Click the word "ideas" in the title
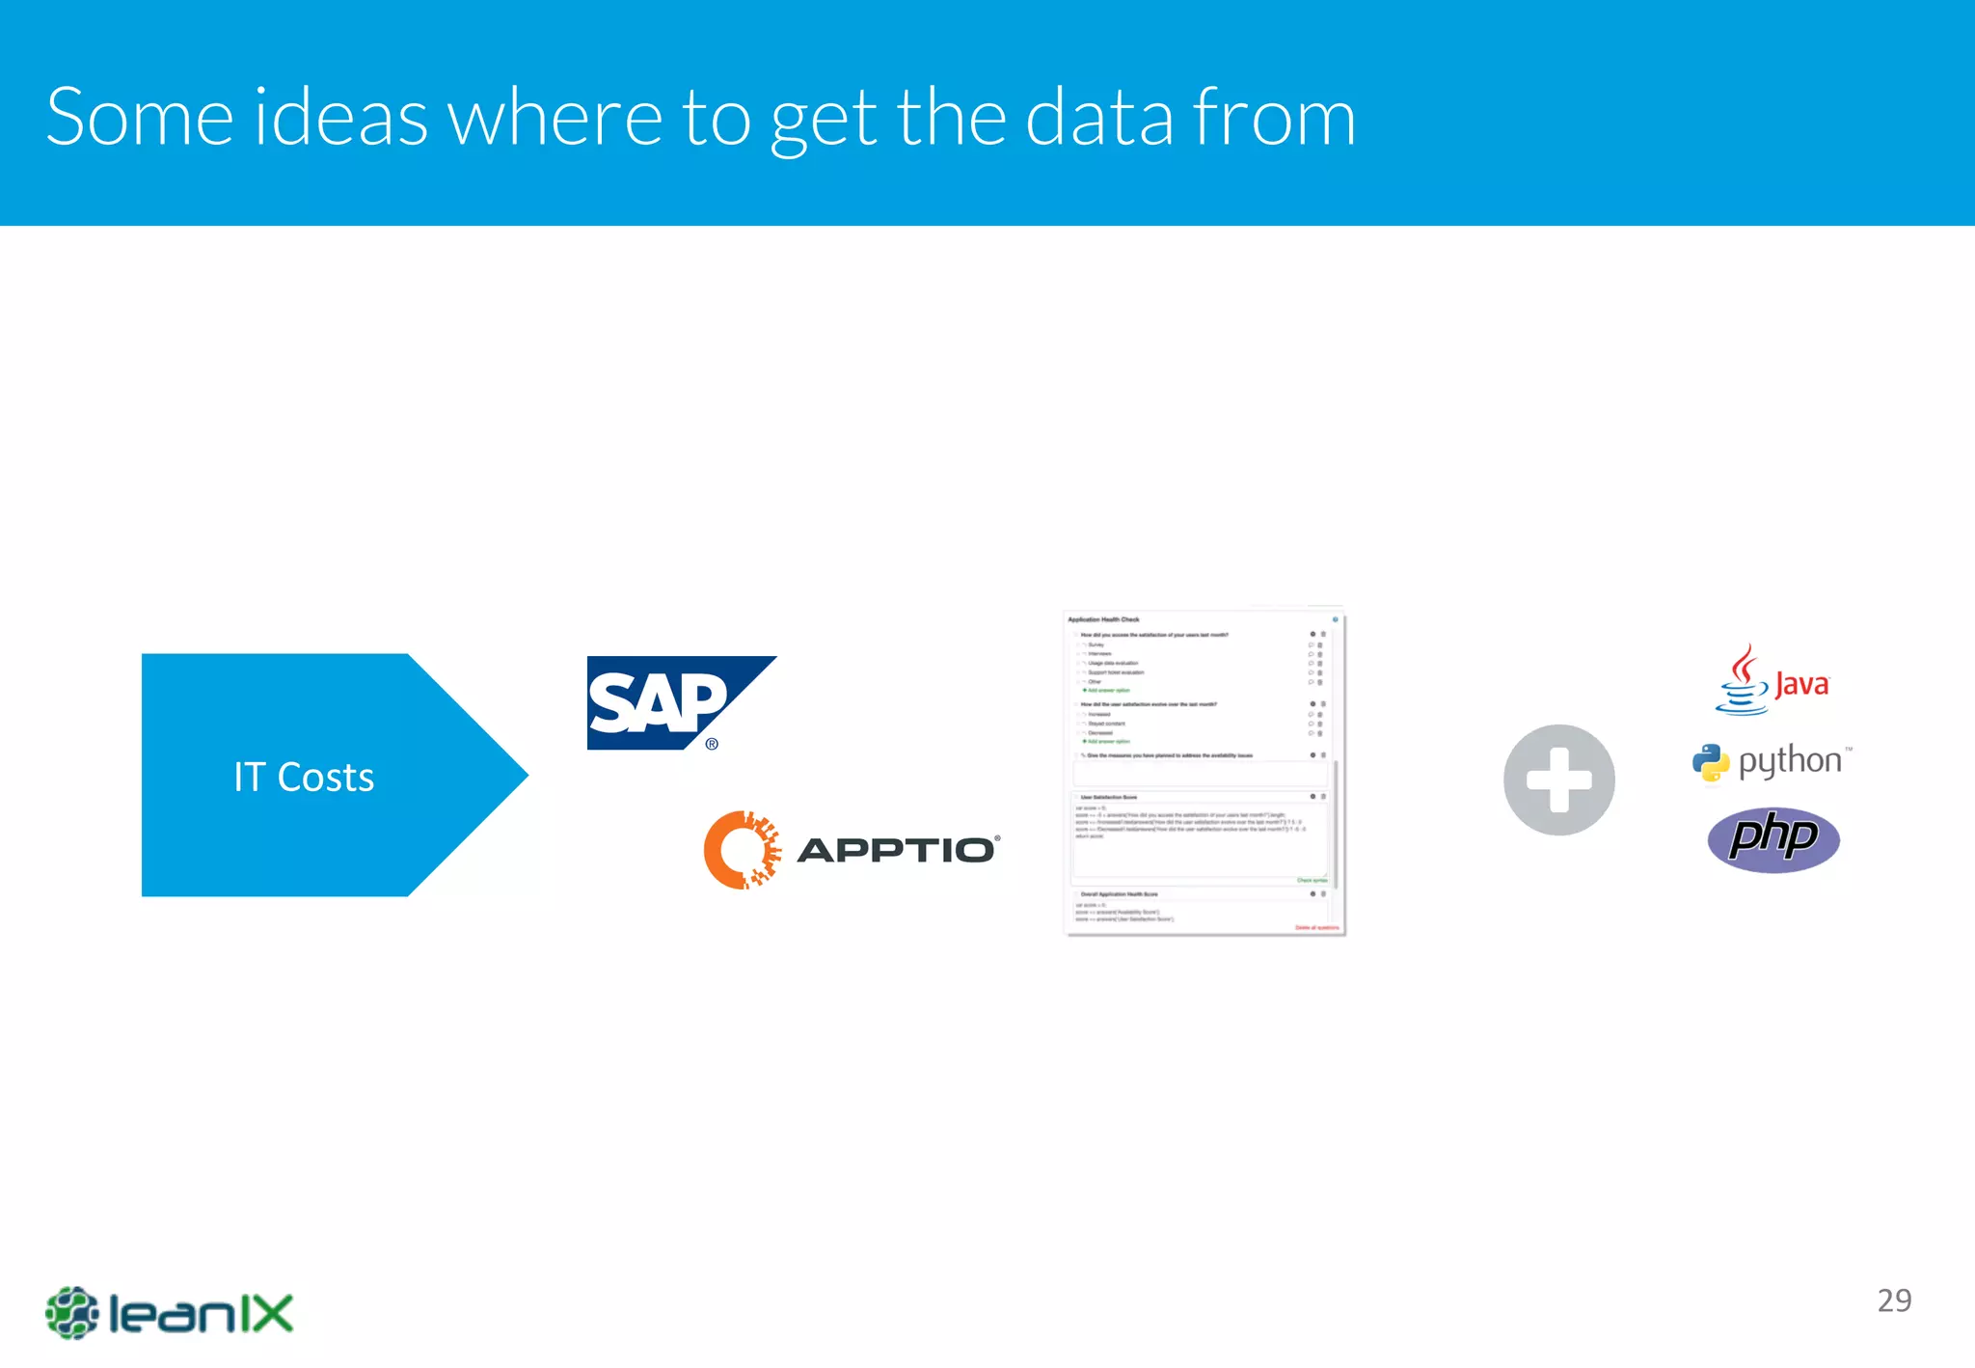340,117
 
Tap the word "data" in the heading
1098,117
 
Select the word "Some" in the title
139,117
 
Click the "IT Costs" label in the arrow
304,777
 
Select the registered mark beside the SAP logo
712,744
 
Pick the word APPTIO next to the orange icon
897,850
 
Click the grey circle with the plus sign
1558,780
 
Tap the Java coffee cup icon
1742,680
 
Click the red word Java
1801,685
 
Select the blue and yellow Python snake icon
1711,762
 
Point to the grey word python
1790,761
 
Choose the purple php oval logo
1773,838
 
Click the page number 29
1894,1300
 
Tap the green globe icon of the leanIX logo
72,1312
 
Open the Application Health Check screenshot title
1103,619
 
